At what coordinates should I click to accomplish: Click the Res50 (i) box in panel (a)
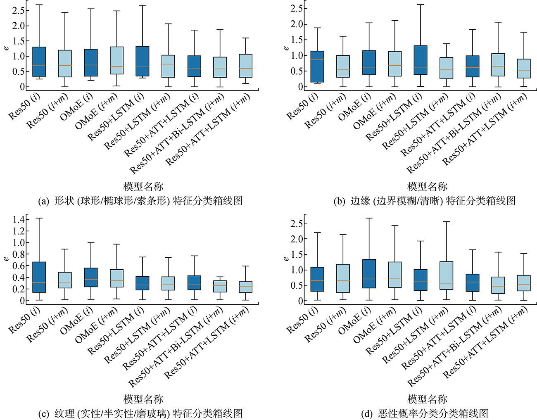[x=39, y=62]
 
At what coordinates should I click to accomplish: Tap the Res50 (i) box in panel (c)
[x=39, y=277]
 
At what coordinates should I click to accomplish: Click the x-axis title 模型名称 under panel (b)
[x=427, y=187]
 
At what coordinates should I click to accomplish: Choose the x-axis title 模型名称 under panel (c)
[x=143, y=399]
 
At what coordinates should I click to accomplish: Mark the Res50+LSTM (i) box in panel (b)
[x=420, y=60]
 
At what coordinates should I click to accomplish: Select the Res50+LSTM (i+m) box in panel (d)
[x=446, y=275]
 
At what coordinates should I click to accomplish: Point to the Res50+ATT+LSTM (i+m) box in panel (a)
[x=245, y=66]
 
